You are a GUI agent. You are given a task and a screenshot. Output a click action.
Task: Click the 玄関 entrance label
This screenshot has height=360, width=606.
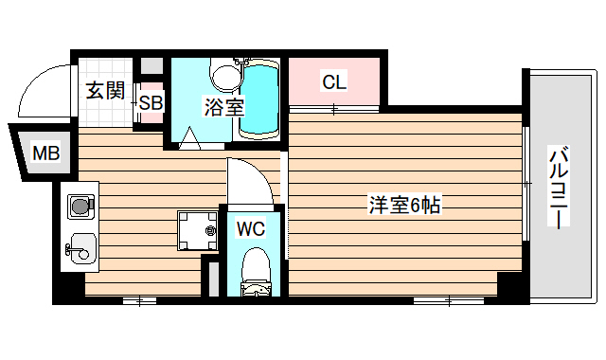(x=105, y=91)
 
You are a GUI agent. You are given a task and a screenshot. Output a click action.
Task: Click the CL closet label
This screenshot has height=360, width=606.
(x=333, y=82)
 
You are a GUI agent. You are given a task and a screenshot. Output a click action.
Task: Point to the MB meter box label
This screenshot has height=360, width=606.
(x=44, y=153)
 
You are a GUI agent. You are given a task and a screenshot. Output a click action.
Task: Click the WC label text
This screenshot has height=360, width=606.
(x=251, y=228)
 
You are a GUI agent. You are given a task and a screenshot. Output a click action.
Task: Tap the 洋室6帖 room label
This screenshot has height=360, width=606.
(x=404, y=205)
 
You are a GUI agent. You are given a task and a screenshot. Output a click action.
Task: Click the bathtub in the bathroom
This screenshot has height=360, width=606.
(x=258, y=101)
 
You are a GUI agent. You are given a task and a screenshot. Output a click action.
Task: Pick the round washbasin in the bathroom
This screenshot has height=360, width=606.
(x=225, y=75)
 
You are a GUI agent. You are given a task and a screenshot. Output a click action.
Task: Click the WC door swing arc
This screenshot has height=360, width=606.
(x=249, y=180)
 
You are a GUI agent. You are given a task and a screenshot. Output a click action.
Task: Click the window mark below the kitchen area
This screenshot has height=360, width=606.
(x=139, y=300)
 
